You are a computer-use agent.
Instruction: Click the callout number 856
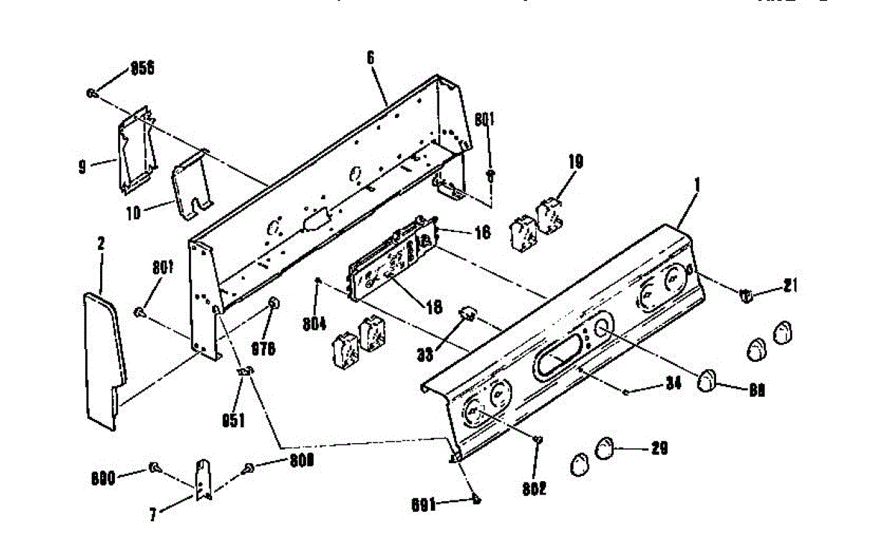[143, 68]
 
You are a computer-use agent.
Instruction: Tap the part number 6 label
[370, 57]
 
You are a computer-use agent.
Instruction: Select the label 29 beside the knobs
[659, 448]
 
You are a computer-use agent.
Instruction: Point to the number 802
[535, 489]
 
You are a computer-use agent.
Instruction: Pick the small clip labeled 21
[744, 296]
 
